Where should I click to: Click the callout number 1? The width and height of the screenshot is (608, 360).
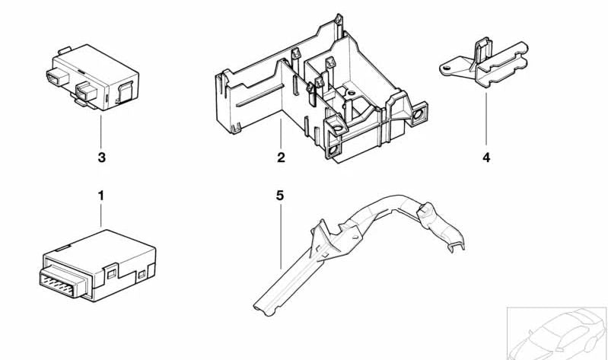(100, 196)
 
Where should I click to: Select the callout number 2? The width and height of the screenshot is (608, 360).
(281, 158)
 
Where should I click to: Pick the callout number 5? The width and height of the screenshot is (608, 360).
(279, 196)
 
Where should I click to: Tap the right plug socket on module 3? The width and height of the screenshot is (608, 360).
(81, 94)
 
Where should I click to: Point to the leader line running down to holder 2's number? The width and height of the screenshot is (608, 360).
(281, 135)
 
